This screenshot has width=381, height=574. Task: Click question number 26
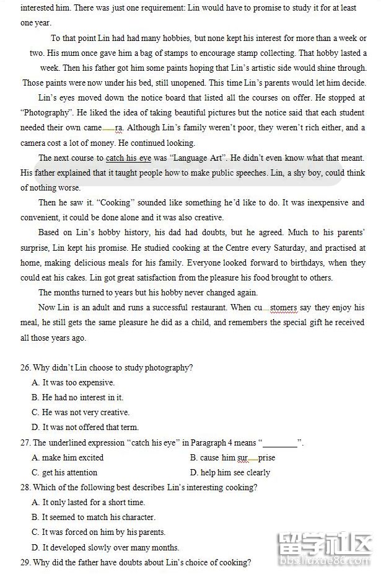click(x=25, y=368)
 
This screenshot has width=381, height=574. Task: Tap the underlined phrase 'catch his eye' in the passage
click(x=128, y=158)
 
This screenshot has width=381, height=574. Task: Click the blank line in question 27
click(x=280, y=443)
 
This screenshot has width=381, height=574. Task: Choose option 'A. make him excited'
click(x=68, y=458)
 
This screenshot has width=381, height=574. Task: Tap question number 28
click(x=25, y=488)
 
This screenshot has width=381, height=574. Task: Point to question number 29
click(x=25, y=563)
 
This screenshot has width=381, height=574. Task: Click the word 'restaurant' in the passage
click(x=208, y=308)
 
